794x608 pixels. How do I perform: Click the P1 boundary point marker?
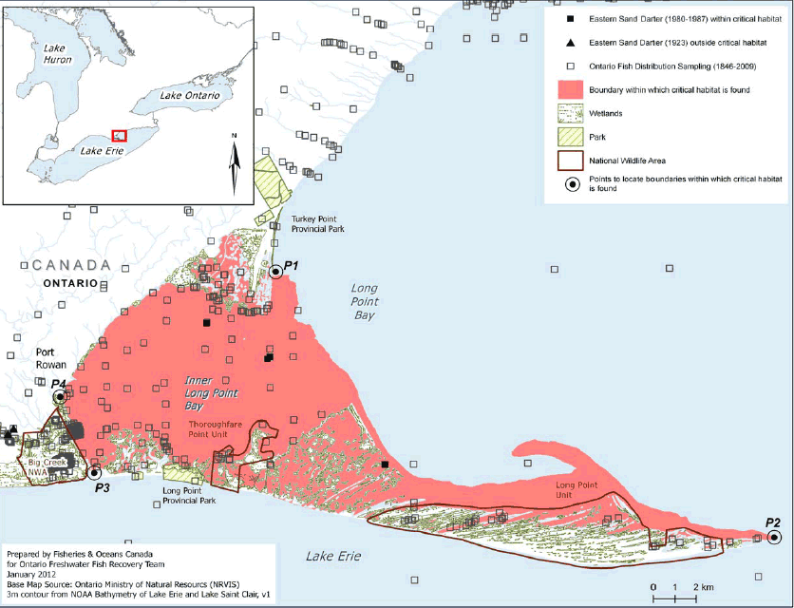[x=275, y=272]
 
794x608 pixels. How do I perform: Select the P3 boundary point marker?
[x=93, y=472]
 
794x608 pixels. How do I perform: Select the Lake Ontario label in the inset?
[x=190, y=96]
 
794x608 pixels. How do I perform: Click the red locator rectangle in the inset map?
[x=119, y=137]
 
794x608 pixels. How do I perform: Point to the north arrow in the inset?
[x=234, y=161]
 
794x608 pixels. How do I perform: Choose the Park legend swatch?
[x=570, y=137]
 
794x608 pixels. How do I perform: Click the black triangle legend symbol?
[x=570, y=43]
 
